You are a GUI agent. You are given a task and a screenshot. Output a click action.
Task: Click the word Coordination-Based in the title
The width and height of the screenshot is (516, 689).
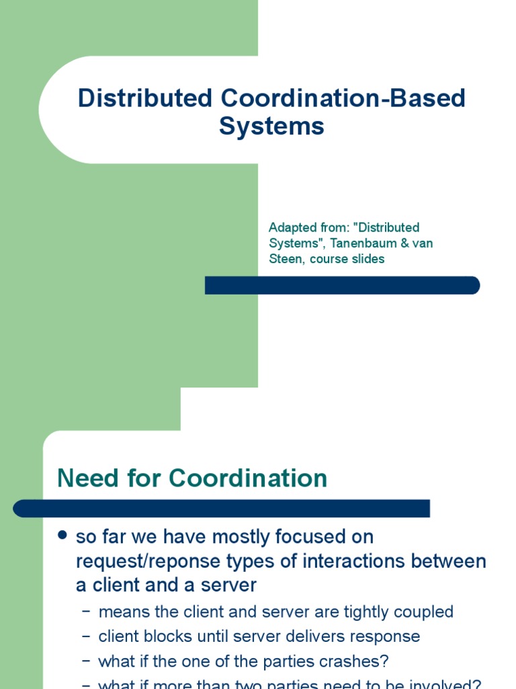342,98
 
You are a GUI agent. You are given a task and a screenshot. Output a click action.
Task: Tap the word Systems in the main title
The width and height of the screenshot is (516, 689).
271,126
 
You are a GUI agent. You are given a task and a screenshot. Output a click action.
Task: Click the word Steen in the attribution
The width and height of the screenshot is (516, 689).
286,258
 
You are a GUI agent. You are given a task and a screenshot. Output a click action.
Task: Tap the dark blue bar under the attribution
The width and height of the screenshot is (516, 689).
342,285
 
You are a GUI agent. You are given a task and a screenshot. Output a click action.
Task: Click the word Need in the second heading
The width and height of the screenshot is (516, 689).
85,478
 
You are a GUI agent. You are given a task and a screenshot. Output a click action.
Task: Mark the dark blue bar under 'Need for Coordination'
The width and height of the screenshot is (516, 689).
221,509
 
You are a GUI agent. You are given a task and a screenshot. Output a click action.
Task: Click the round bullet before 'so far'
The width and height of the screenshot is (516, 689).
62,536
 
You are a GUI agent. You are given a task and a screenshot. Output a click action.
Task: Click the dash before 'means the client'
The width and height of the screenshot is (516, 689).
85,612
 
